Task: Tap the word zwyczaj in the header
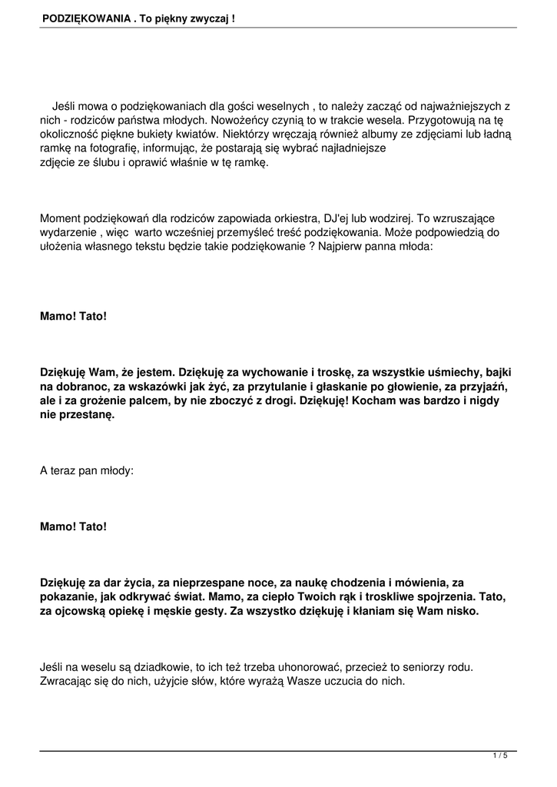click(209, 16)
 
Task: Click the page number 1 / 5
click(500, 756)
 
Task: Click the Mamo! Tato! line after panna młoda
click(74, 315)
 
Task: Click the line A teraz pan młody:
click(86, 470)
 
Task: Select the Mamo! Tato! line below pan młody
click(74, 526)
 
